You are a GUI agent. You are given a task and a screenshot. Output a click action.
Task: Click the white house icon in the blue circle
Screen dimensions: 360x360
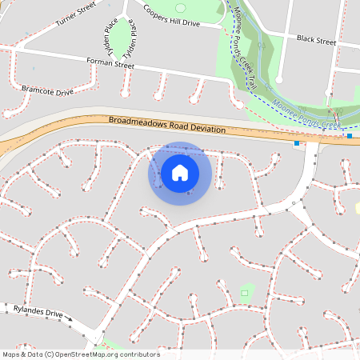180,173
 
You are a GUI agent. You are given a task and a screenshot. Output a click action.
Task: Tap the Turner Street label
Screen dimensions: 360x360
76,15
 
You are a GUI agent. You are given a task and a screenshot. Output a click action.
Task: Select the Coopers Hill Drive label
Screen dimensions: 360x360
171,16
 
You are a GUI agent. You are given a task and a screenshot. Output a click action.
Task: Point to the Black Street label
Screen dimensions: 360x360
316,38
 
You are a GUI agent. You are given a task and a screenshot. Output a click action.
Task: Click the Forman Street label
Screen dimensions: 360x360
110,62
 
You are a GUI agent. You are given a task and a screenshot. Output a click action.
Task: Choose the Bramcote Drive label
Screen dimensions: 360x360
47,90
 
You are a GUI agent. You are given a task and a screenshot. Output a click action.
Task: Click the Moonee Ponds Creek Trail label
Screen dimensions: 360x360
246,47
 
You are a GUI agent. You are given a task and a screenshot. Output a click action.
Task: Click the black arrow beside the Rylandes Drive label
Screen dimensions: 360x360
69,320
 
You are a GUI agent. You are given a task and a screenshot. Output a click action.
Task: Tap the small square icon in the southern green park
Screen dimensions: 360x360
245,294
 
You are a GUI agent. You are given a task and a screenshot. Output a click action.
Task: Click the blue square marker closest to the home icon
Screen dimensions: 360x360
297,143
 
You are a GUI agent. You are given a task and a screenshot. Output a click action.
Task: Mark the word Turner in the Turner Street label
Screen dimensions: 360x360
67,19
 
